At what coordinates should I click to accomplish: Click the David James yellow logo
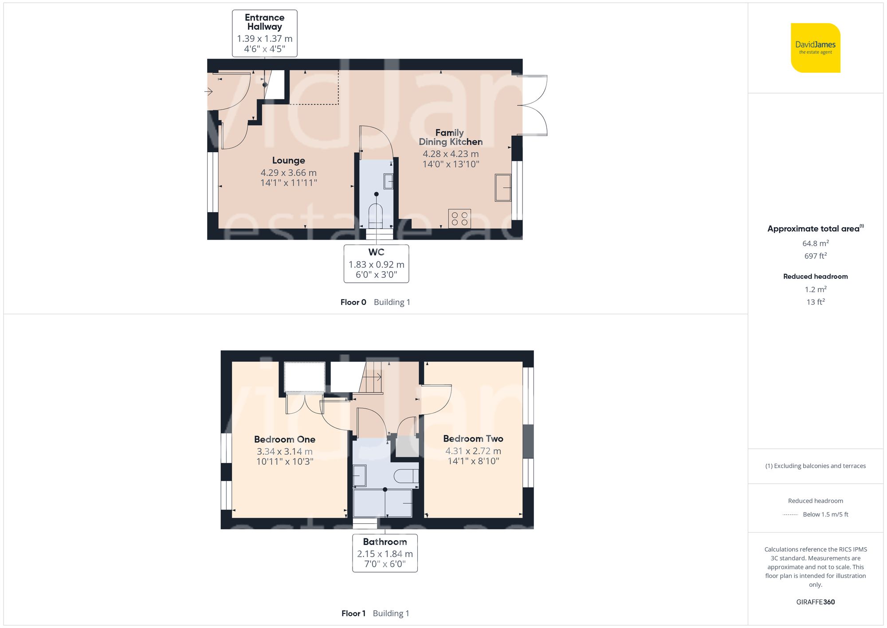pyautogui.click(x=816, y=48)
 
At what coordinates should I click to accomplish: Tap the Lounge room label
pyautogui.click(x=289, y=161)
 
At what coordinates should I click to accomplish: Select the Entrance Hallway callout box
pyautogui.click(x=265, y=33)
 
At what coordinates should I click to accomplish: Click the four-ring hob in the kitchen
pyautogui.click(x=459, y=218)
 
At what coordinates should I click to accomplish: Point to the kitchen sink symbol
pyautogui.click(x=503, y=187)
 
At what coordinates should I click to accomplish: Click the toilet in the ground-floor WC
pyautogui.click(x=376, y=216)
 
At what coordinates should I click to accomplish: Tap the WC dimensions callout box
pyautogui.click(x=377, y=264)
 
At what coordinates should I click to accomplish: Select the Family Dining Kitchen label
pyautogui.click(x=451, y=137)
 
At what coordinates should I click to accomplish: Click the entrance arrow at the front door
pyautogui.click(x=208, y=92)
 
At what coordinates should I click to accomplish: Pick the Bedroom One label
pyautogui.click(x=285, y=439)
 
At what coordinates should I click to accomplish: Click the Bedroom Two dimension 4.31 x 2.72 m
pyautogui.click(x=473, y=451)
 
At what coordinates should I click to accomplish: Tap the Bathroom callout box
pyautogui.click(x=385, y=553)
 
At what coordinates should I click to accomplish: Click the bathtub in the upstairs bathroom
pyautogui.click(x=383, y=503)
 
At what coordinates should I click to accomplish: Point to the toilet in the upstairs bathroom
pyautogui.click(x=406, y=476)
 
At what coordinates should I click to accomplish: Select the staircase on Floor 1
pyautogui.click(x=371, y=377)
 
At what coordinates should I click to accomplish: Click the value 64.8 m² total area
pyautogui.click(x=816, y=243)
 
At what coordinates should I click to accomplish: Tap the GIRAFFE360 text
pyautogui.click(x=816, y=602)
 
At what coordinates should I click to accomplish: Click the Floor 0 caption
pyautogui.click(x=353, y=302)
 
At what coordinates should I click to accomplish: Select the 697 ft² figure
pyautogui.click(x=816, y=256)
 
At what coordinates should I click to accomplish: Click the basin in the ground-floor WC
pyautogui.click(x=389, y=182)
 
